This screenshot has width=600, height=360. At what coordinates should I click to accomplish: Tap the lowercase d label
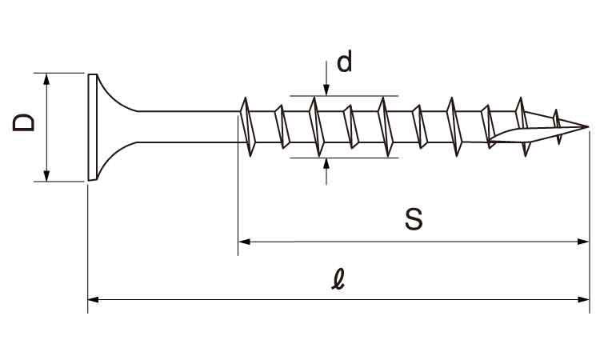344,62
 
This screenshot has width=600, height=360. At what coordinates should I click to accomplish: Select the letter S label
413,219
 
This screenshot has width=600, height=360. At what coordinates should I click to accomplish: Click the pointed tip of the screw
586,126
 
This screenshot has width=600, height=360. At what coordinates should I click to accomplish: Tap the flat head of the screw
91,127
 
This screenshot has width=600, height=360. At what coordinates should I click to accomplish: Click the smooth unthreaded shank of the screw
188,126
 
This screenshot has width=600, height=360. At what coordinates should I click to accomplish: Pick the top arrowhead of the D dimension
46,78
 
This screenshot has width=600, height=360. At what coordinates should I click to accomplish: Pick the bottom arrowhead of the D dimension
46,175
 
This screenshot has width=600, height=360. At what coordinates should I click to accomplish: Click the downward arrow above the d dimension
326,90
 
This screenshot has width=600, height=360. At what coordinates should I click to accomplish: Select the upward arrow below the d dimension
326,164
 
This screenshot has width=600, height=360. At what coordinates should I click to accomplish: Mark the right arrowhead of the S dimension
583,240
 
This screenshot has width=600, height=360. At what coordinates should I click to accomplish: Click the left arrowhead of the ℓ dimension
93,299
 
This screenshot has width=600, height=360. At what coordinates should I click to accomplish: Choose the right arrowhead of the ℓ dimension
583,299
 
